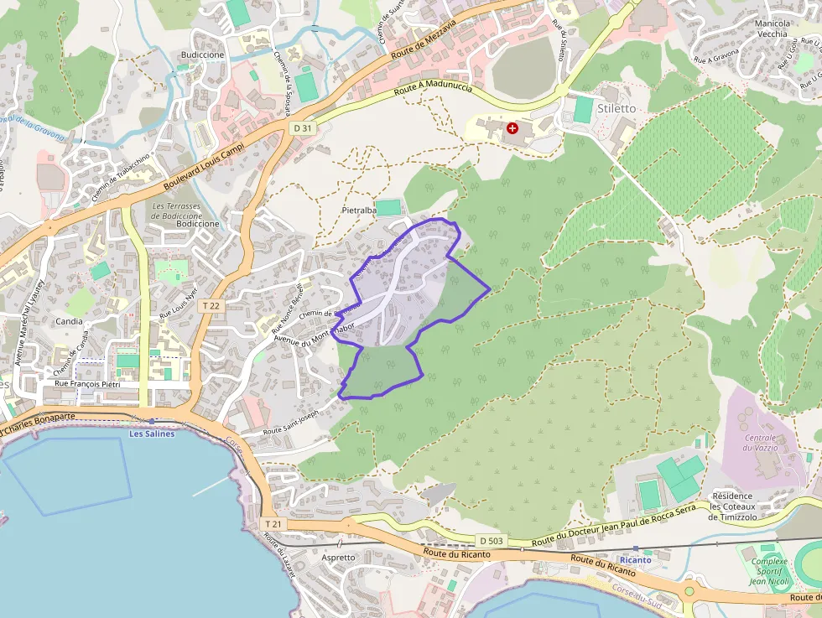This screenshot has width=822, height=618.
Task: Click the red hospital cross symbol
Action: tap(512, 128)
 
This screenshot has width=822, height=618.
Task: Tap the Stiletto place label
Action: tap(616, 109)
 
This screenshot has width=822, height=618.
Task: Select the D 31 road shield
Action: tap(303, 128)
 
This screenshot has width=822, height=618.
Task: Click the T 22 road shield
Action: tap(211, 306)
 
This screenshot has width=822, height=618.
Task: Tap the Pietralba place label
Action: tap(359, 210)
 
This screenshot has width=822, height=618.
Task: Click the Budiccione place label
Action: tap(202, 55)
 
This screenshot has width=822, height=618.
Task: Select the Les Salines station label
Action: tap(152, 434)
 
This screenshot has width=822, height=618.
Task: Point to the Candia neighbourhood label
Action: tap(69, 321)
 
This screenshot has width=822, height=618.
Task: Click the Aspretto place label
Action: tap(339, 557)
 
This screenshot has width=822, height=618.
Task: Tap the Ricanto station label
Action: tap(635, 559)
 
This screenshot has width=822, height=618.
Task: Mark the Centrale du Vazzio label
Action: tap(760, 443)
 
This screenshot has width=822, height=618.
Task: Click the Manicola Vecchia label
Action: tap(772, 29)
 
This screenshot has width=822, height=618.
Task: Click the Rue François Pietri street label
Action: tap(87, 384)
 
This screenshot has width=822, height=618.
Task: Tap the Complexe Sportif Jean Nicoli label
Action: tap(770, 570)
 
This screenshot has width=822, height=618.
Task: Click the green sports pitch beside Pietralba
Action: tap(388, 207)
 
